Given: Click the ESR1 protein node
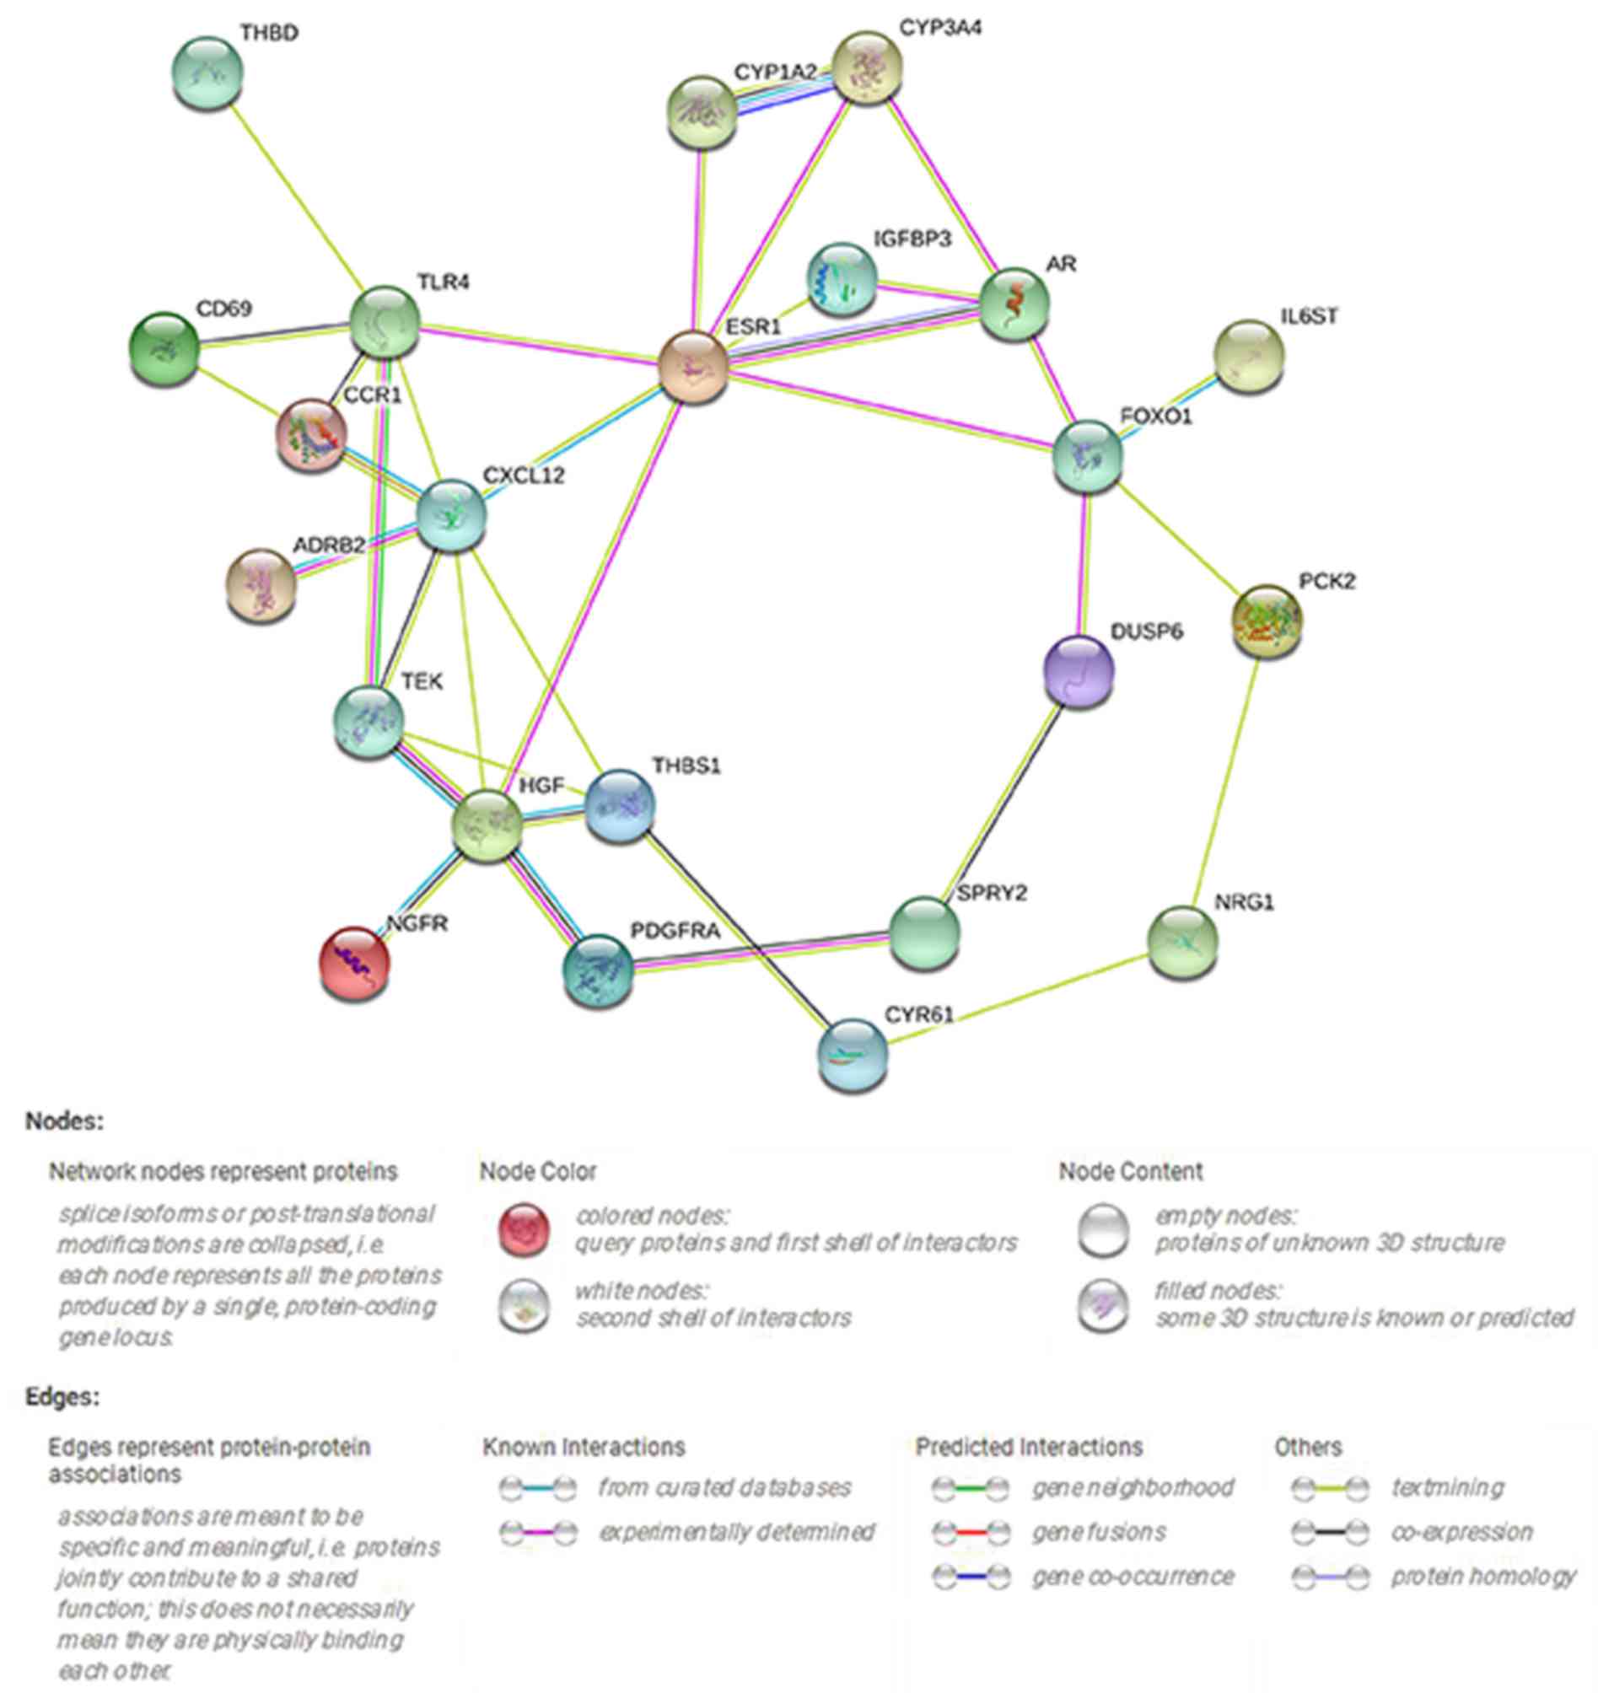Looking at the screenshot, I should [x=693, y=368].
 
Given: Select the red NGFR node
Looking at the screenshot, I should [x=354, y=962].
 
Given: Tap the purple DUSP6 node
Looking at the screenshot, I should [x=1079, y=671].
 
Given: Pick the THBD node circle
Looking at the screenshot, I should [x=207, y=72].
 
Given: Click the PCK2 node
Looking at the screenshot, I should [x=1267, y=620].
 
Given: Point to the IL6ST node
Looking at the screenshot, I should [x=1249, y=356].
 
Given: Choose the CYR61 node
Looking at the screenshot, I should [x=853, y=1054].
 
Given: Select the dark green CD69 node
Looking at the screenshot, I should [x=163, y=347].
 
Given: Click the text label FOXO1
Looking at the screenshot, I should [x=1156, y=417].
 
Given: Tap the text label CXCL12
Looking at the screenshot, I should [x=523, y=476].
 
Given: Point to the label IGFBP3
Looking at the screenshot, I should [x=912, y=239].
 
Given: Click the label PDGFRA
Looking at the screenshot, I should [x=675, y=931].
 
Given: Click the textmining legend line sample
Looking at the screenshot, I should [x=1330, y=1488].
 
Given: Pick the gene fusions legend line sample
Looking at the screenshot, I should [x=971, y=1532].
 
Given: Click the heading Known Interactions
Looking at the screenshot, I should [x=584, y=1447].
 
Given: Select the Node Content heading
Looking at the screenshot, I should [x=1130, y=1172].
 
